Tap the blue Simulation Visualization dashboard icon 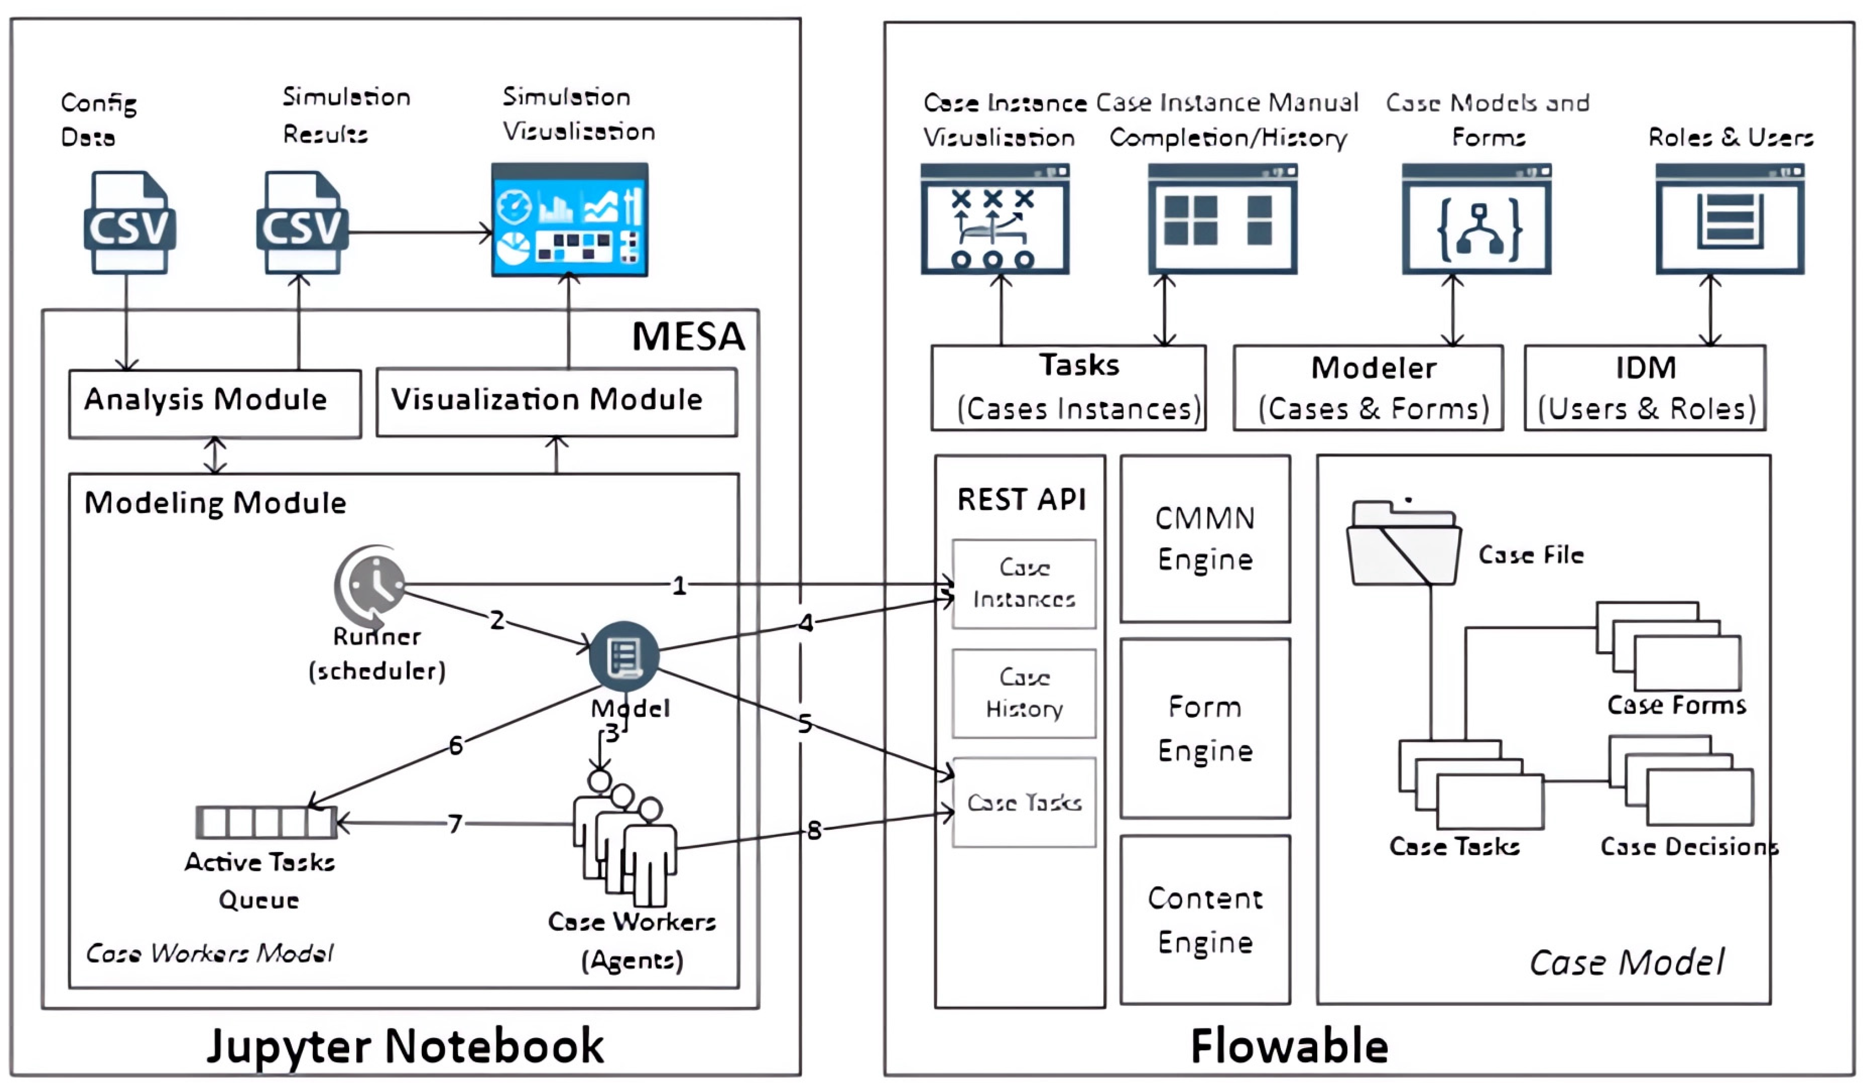(569, 220)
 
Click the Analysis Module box (215, 403)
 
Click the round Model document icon (624, 656)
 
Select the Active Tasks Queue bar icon (266, 822)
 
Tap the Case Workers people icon (625, 841)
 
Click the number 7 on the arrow (455, 823)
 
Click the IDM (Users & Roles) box (1645, 388)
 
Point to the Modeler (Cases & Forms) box (1368, 388)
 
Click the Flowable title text (1290, 1046)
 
